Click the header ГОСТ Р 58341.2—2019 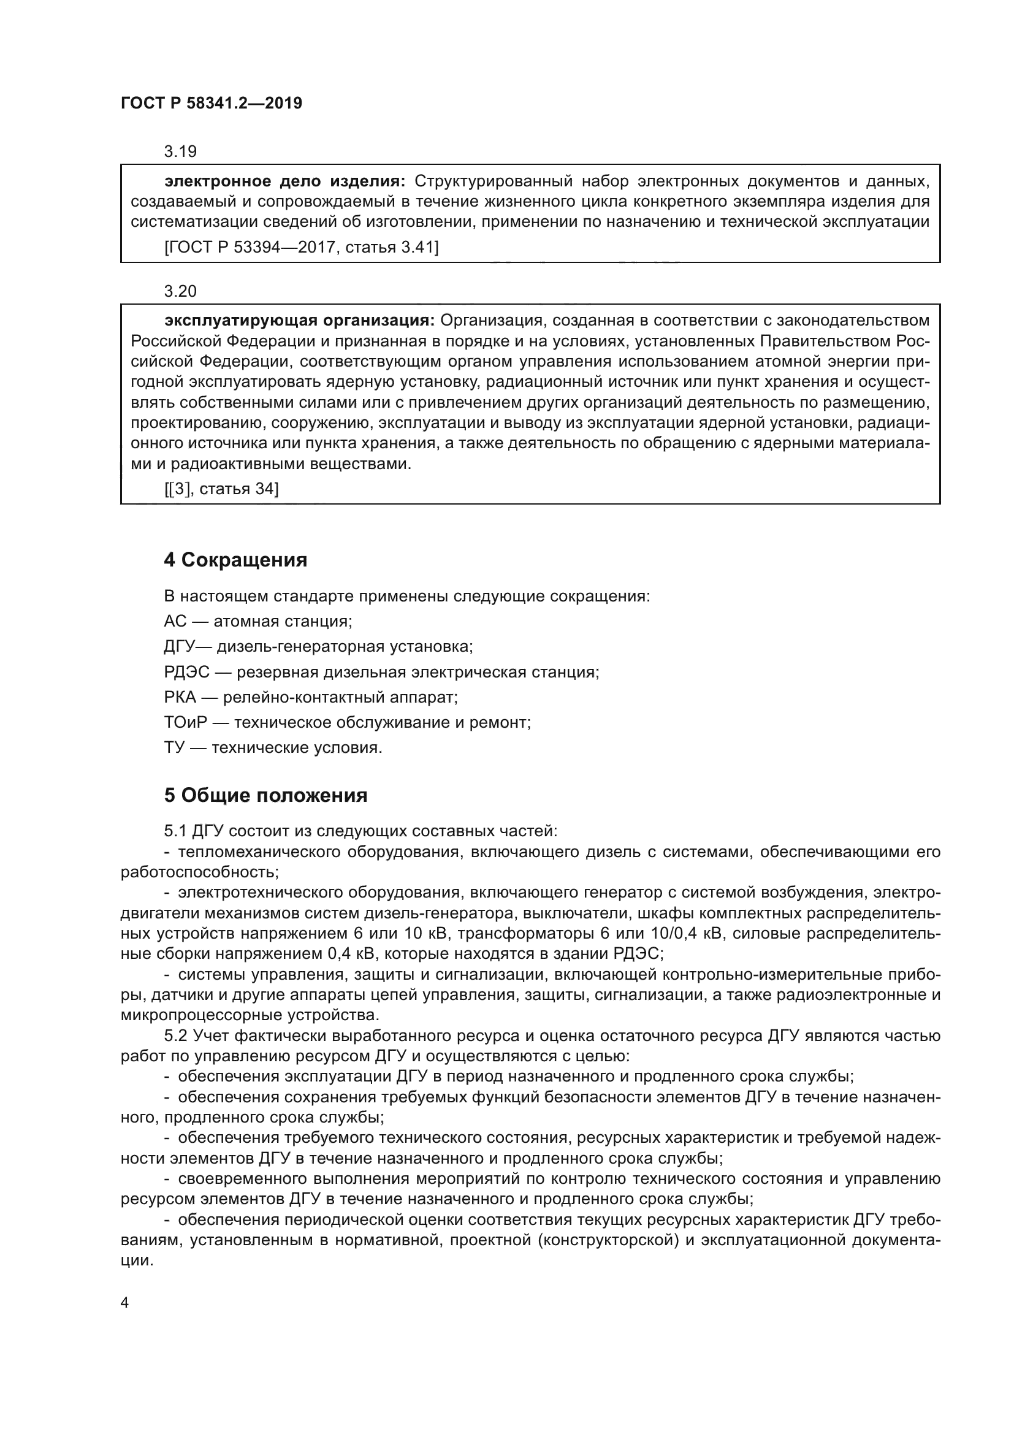point(211,103)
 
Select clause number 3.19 point(180,151)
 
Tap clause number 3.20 point(180,291)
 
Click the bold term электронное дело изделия point(284,181)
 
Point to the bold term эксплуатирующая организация point(299,321)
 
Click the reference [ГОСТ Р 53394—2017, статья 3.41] point(301,247)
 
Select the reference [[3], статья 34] point(221,489)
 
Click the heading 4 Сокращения point(235,560)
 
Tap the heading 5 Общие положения point(265,796)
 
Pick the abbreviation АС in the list point(175,622)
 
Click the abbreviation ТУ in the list point(173,747)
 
